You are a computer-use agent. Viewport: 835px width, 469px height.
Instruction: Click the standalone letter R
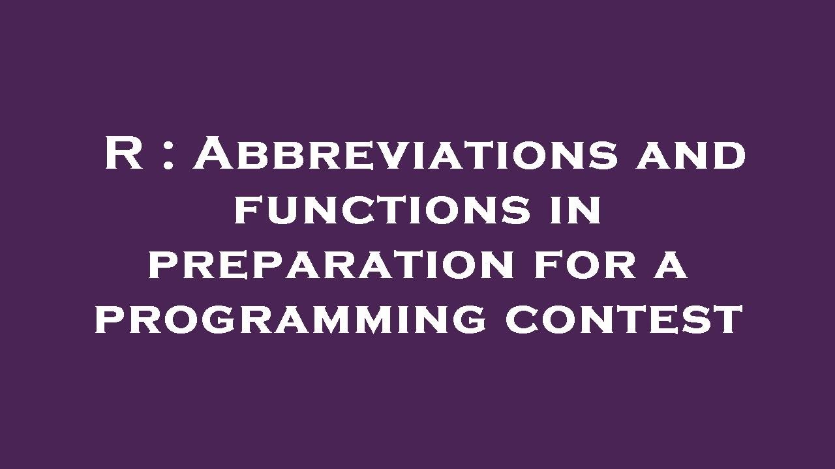pos(124,156)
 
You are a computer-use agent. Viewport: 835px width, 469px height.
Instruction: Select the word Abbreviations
pos(404,156)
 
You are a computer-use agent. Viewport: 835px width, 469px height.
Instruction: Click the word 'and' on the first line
pos(691,156)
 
